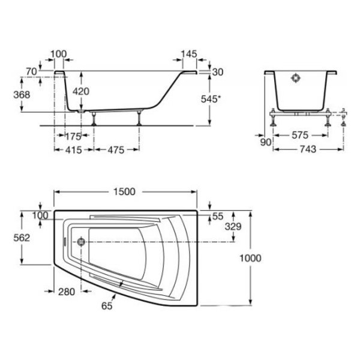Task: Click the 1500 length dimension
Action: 124,192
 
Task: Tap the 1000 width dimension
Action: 250,258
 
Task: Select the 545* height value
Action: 211,99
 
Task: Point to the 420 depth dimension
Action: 81,91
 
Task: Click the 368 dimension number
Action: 22,95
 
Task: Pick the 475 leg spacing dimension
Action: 116,150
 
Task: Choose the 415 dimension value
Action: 73,150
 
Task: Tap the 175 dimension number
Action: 73,137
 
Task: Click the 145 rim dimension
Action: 189,54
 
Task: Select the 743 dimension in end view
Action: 308,149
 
